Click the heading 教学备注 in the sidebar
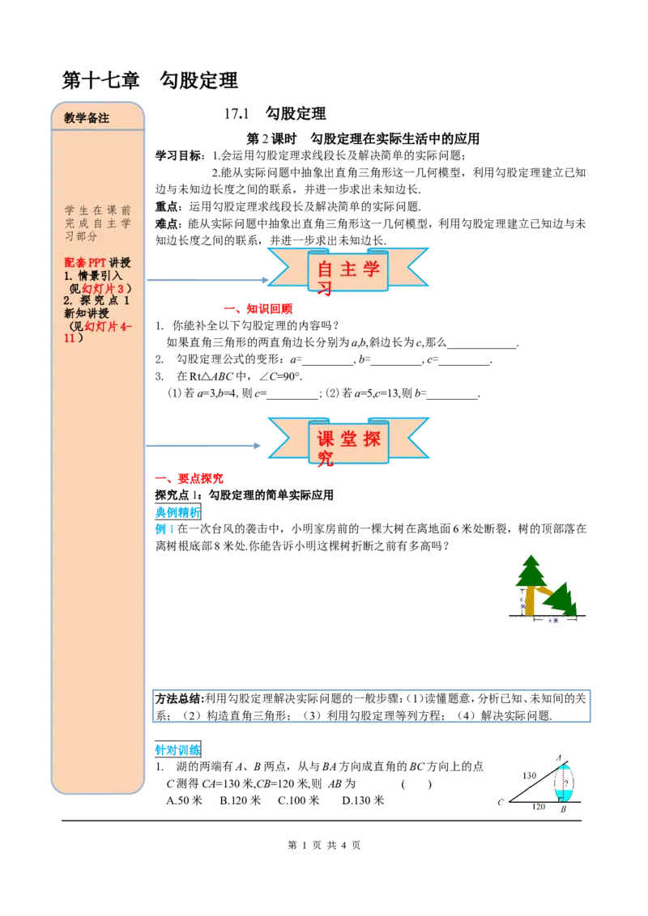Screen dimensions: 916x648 (87, 117)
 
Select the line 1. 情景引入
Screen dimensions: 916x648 (97, 275)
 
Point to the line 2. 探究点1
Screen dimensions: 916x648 (97, 301)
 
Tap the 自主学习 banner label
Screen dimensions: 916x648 (348, 271)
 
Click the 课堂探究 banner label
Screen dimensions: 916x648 (348, 442)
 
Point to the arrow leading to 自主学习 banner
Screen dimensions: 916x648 (211, 280)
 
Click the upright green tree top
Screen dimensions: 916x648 (531, 572)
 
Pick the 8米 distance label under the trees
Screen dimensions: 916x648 (555, 621)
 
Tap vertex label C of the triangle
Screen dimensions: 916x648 (502, 803)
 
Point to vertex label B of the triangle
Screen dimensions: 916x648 (563, 808)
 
